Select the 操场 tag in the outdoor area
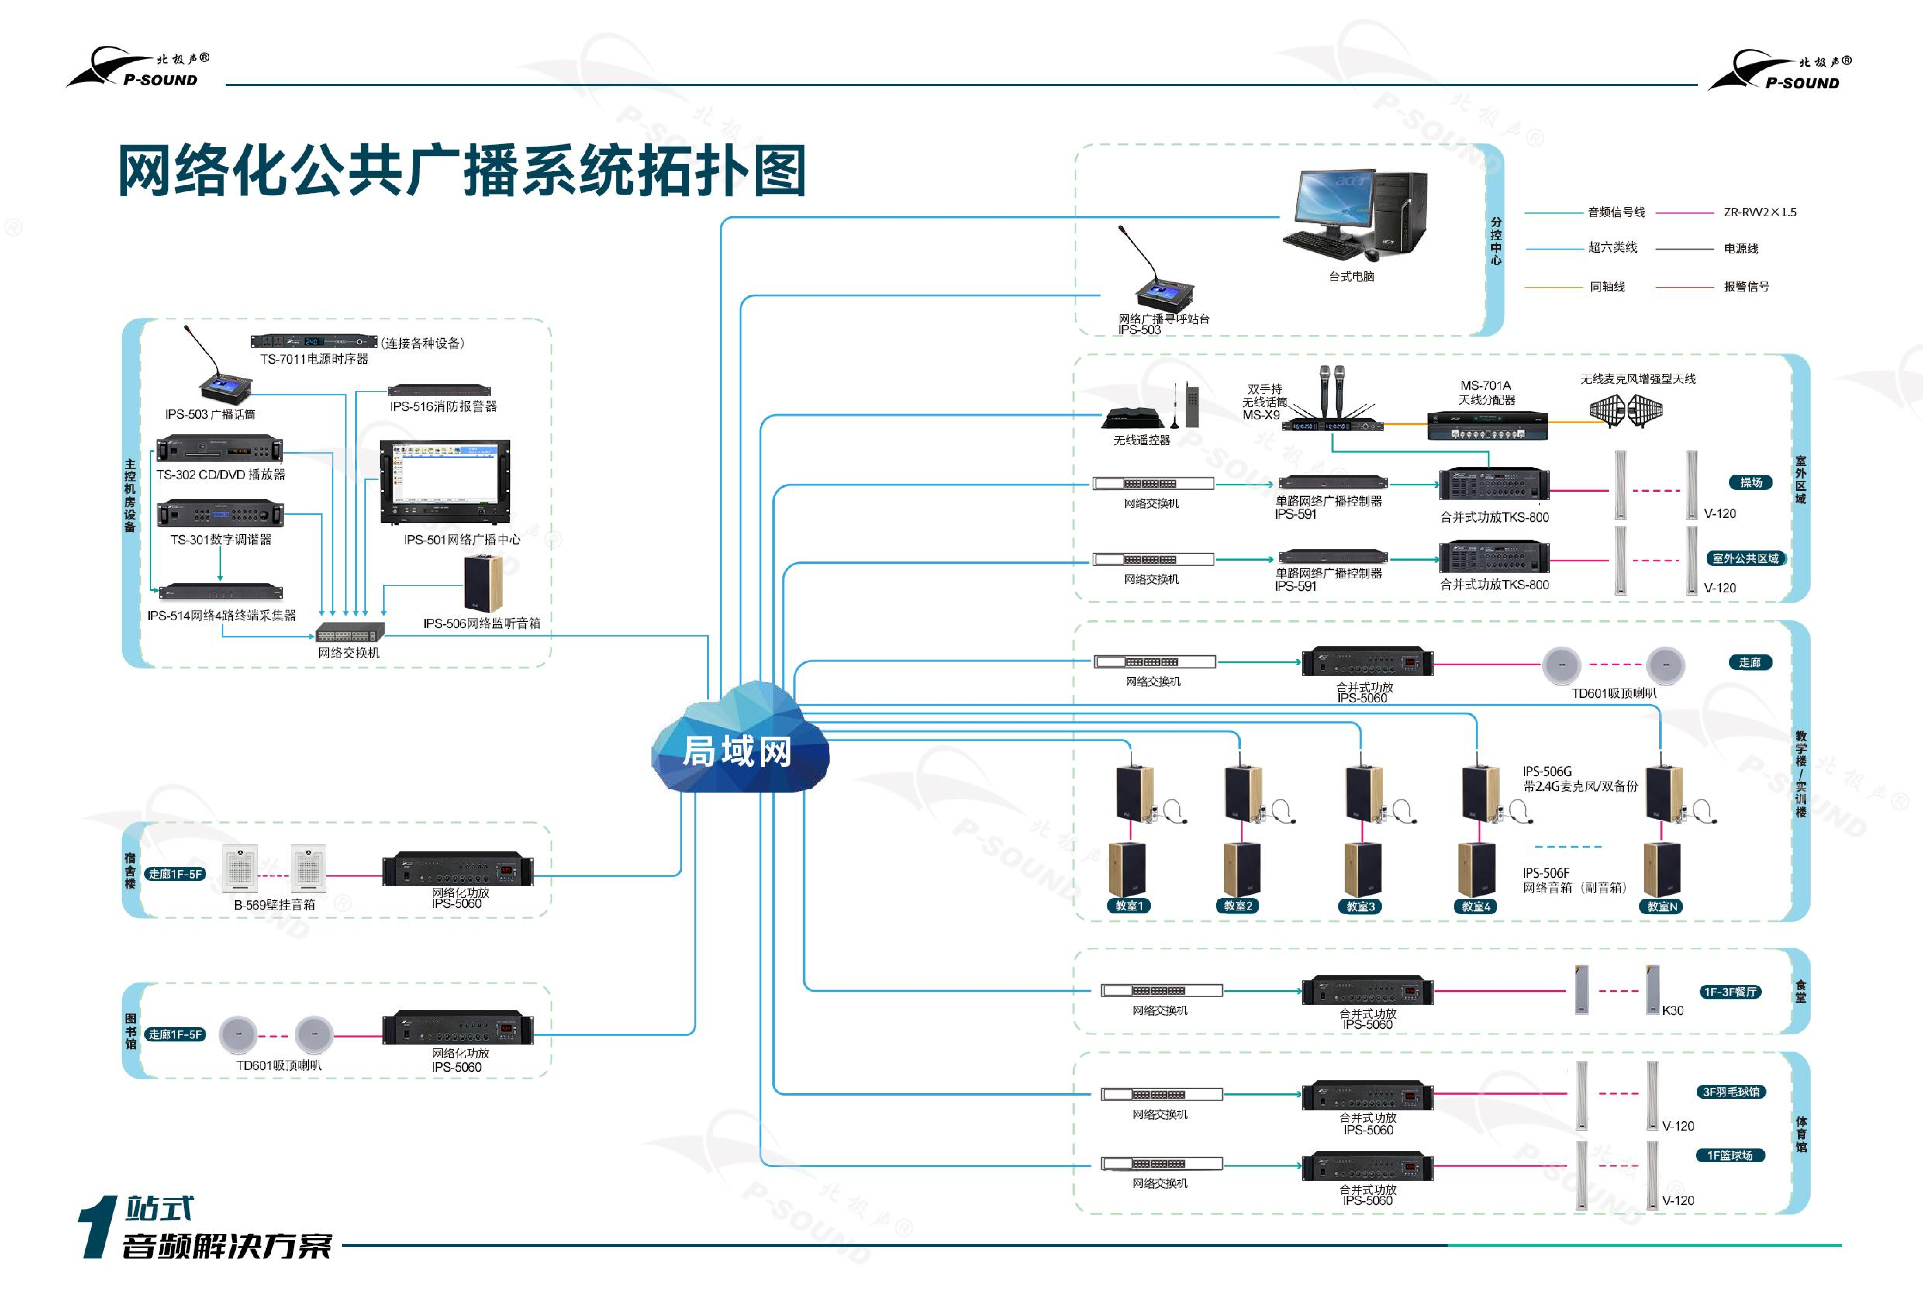coord(1750,482)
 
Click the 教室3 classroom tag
coord(1360,906)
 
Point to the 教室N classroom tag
coord(1662,906)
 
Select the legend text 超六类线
coord(1612,247)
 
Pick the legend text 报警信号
coord(1746,286)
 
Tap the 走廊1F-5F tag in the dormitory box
coord(175,874)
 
